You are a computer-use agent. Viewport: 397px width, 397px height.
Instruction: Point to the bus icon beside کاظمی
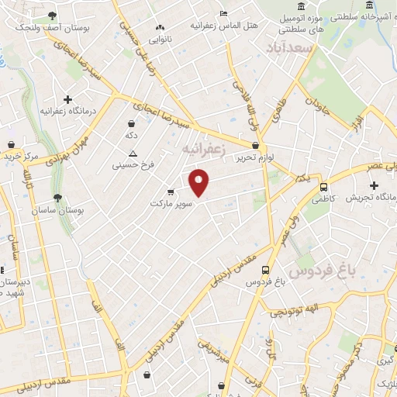coord(323,187)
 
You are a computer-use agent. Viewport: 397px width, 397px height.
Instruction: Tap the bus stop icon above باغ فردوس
coord(267,271)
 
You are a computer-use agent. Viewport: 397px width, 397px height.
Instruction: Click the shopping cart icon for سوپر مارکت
coord(171,192)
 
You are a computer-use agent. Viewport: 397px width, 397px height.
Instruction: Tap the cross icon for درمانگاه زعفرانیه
coord(68,99)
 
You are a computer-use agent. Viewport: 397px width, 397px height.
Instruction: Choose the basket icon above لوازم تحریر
coord(255,144)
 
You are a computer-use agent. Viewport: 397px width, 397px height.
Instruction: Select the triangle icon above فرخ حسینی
coord(133,154)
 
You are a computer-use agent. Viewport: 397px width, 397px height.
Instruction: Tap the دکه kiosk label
coord(131,135)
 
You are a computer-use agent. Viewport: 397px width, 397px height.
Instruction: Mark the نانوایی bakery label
coord(161,38)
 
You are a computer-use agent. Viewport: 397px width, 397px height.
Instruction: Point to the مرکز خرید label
coord(19,157)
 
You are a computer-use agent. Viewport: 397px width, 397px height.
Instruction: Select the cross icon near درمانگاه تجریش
coord(375,185)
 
